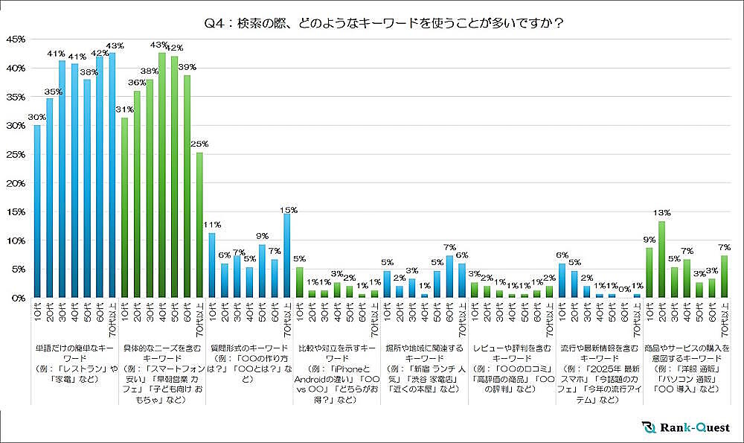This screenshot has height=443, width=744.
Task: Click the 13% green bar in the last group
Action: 661,260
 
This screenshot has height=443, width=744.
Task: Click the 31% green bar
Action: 125,208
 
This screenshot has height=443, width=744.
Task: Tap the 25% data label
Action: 200,144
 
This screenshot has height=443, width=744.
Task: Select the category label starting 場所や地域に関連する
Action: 422,358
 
